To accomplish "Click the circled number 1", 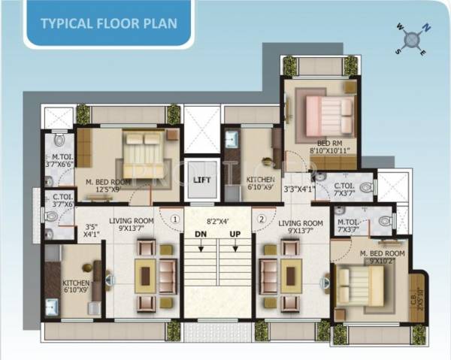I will point(174,219).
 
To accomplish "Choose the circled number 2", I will point(262,219).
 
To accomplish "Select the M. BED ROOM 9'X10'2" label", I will point(383,258).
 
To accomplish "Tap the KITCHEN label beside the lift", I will point(261,183).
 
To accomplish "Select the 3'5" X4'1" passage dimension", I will point(92,230).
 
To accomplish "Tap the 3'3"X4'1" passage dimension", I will point(298,189).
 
